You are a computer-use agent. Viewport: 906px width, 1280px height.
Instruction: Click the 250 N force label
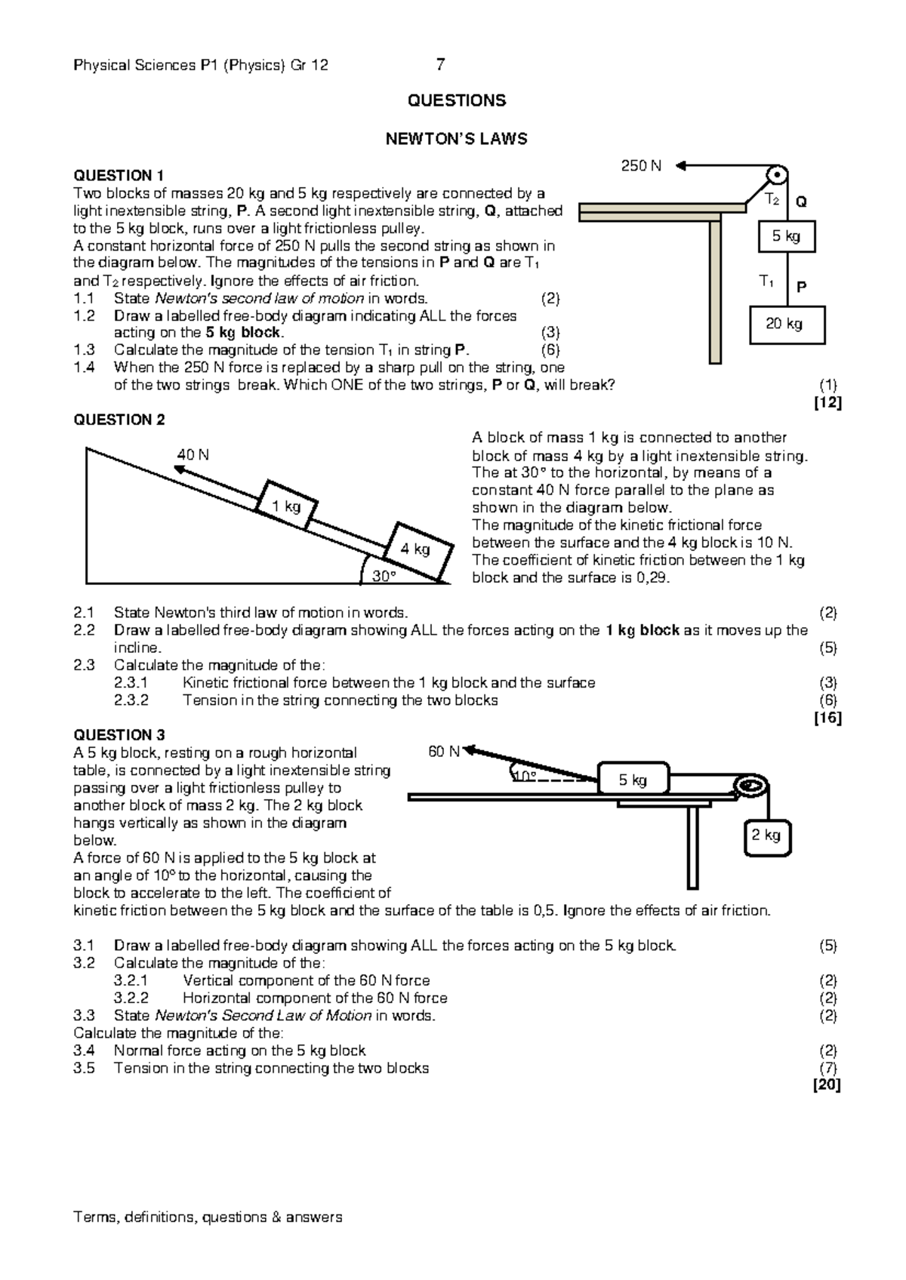(640, 166)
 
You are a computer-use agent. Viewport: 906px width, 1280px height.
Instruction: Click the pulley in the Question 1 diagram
(775, 175)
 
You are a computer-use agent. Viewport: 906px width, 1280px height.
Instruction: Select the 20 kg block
(787, 325)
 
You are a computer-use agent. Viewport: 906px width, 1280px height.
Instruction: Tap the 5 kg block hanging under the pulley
(787, 237)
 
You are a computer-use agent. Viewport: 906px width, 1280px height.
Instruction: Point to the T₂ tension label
(772, 200)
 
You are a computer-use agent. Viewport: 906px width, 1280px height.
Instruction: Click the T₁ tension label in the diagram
(766, 282)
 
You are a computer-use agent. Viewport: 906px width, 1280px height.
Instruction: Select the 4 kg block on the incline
(416, 550)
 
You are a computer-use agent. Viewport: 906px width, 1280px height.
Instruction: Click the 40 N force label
(193, 455)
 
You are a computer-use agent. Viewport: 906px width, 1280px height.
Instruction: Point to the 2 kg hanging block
(767, 835)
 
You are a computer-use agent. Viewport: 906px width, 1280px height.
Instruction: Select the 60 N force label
(443, 752)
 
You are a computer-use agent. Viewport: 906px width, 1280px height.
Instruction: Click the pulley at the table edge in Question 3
(751, 786)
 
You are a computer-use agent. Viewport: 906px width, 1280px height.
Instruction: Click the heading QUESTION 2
(119, 420)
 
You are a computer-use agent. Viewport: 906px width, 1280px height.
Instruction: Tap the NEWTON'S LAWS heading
(456, 139)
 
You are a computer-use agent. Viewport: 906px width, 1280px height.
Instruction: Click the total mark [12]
(827, 403)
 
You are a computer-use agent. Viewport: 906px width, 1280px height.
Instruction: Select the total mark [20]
(827, 1085)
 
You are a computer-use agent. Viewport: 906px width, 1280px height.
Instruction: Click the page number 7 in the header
(440, 65)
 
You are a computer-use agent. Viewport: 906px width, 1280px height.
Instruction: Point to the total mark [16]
(827, 718)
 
